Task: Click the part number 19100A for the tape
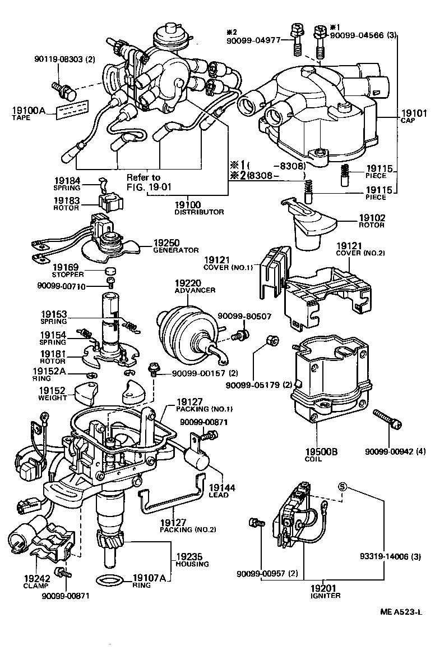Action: [28, 110]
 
